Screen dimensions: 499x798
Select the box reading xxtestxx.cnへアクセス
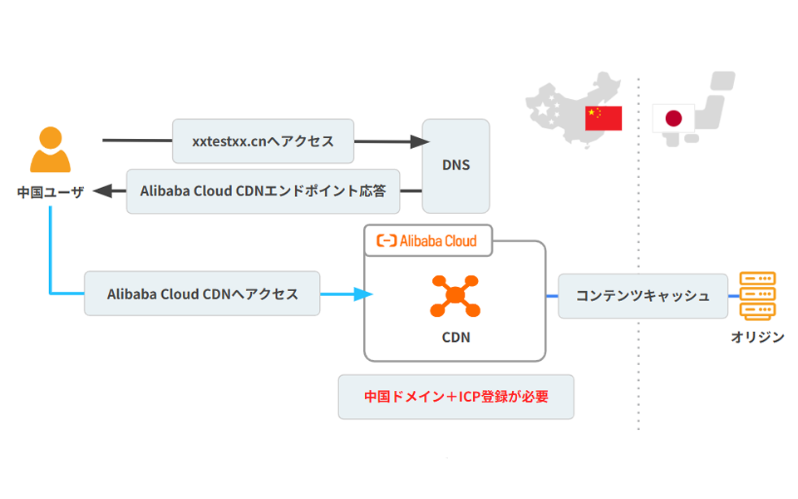[x=263, y=141]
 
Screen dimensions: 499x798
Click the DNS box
[x=456, y=165]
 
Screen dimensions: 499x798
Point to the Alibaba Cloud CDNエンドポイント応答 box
[x=263, y=190]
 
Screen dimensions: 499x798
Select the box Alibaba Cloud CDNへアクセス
[x=202, y=294]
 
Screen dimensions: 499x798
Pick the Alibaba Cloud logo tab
[x=428, y=240]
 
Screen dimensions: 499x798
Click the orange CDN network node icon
[x=455, y=295]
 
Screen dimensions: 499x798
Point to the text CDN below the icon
[x=455, y=338]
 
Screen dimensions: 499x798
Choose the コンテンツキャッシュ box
[x=643, y=295]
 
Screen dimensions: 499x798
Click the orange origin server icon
[x=756, y=296]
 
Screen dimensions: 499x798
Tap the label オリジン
[x=756, y=338]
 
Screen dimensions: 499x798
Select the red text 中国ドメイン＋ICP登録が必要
[x=456, y=397]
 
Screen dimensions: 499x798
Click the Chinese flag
[x=603, y=118]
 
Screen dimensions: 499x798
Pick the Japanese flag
[x=673, y=118]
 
